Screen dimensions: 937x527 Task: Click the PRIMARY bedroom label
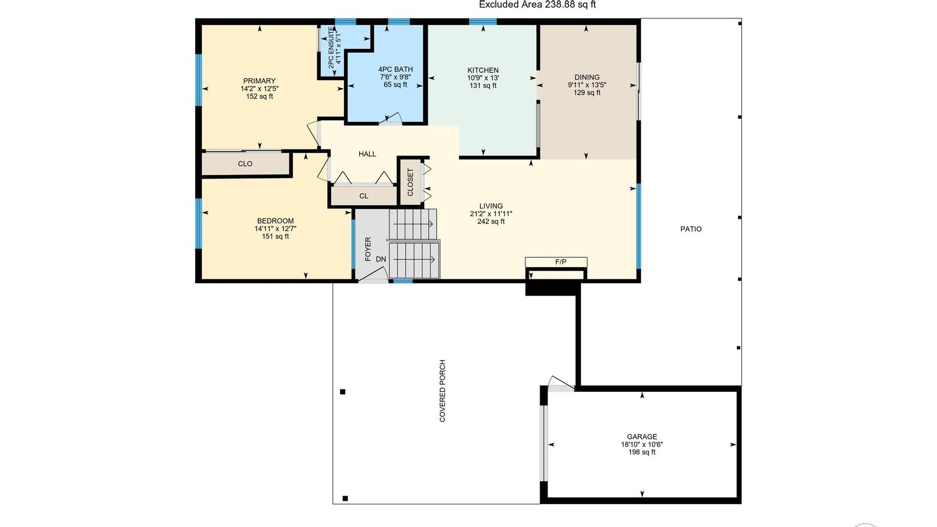(259, 81)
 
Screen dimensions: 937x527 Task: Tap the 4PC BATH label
(395, 69)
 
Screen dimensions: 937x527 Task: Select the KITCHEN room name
(483, 70)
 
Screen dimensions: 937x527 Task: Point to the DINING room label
(587, 77)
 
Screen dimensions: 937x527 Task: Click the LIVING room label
(491, 206)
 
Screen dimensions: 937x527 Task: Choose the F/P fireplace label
(561, 262)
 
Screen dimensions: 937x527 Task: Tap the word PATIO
(691, 229)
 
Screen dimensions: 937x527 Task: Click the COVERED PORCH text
(443, 391)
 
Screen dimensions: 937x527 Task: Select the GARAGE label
(642, 437)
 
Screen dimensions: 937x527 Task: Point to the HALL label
(367, 154)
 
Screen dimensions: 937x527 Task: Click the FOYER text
(368, 249)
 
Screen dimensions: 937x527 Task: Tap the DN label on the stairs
(381, 259)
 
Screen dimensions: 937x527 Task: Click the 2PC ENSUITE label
(331, 47)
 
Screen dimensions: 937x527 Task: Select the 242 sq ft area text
(491, 222)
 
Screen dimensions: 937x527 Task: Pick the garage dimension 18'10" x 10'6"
(642, 445)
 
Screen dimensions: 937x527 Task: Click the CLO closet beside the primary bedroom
(245, 164)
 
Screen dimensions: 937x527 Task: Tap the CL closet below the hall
(364, 196)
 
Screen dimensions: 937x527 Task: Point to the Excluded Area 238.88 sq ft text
(537, 5)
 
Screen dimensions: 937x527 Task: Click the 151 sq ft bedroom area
(275, 237)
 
